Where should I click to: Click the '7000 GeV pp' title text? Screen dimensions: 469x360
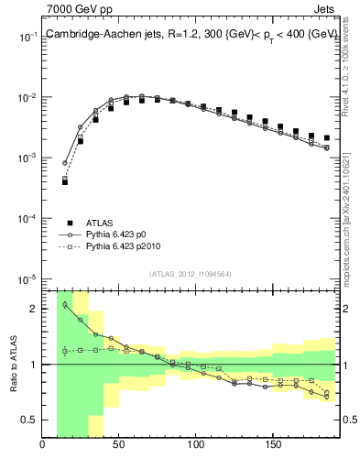tap(73, 9)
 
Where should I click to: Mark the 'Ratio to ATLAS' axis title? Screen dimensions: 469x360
tap(12, 364)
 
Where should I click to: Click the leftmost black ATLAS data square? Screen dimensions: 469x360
tap(65, 181)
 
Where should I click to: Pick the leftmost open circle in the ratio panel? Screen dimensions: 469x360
tap(65, 305)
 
